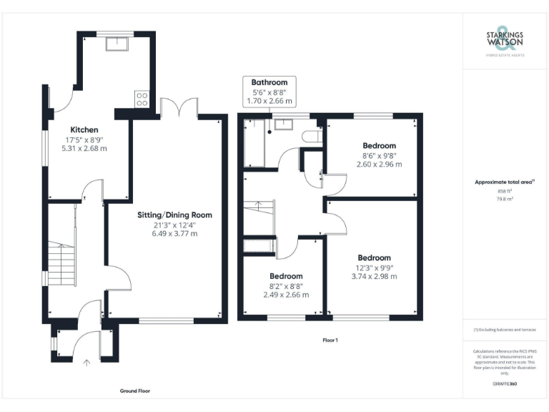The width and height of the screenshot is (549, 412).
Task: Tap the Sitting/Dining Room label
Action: [x=175, y=215]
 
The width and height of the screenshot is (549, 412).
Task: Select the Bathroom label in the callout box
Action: [x=269, y=82]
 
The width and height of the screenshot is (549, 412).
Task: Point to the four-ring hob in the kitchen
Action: [x=142, y=98]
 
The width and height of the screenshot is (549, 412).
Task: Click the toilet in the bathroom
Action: [x=312, y=135]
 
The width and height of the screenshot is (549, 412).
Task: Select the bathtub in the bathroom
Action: [x=254, y=143]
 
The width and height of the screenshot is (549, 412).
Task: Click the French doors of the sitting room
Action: [x=178, y=108]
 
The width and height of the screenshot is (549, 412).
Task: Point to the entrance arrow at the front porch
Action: [x=88, y=363]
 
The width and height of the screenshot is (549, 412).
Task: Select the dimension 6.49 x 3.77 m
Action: [x=175, y=233]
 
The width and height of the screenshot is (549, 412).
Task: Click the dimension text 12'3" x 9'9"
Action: [x=374, y=268]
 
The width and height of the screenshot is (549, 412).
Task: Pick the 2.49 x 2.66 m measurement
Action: [x=286, y=294]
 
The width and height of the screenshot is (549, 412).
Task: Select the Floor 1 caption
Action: [x=330, y=340]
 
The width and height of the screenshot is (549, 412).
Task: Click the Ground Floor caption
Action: [x=134, y=391]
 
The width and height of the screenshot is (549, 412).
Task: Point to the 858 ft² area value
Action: [x=505, y=191]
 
